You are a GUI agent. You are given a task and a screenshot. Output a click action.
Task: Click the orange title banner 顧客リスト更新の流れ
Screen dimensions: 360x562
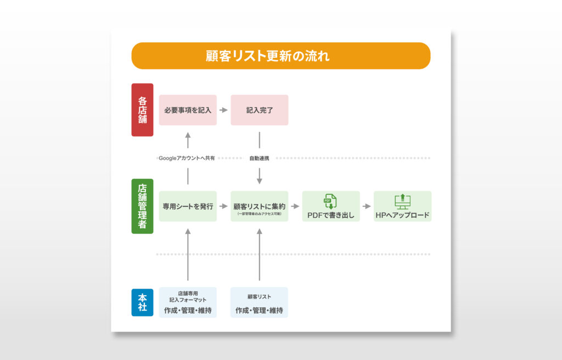pos(280,55)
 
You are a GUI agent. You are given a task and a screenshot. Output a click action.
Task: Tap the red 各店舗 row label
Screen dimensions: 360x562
pos(142,110)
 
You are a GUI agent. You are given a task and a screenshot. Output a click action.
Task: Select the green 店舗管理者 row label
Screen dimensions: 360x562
pos(142,206)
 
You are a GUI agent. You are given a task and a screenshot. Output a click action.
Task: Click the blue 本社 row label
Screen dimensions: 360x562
pos(142,302)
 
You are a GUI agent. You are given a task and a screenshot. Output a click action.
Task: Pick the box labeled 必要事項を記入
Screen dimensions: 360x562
pos(188,110)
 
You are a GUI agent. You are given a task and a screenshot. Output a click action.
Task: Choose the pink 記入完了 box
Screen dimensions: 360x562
pos(259,110)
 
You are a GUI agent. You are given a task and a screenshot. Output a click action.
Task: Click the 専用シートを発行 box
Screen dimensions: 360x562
pos(188,206)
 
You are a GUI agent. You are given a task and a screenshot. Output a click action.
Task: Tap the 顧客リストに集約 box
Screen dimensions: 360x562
pos(259,206)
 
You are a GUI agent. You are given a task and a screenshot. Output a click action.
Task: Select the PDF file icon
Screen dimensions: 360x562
pos(330,201)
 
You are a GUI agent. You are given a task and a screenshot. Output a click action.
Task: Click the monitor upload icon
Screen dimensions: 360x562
pos(402,201)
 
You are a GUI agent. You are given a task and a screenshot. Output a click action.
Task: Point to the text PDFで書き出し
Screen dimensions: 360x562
pos(331,215)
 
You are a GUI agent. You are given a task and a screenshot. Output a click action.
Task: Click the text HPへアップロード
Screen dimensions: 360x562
pos(402,215)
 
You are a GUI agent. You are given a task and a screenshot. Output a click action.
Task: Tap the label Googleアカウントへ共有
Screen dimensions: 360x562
pos(187,158)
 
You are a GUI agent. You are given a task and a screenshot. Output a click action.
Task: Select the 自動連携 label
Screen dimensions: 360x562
pos(259,158)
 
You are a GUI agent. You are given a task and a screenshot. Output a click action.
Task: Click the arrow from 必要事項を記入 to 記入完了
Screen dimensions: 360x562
pos(223,110)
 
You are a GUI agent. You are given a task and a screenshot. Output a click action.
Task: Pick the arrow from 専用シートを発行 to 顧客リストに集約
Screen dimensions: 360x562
pos(223,206)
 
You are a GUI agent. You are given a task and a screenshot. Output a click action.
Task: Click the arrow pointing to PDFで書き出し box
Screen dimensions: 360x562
pos(295,206)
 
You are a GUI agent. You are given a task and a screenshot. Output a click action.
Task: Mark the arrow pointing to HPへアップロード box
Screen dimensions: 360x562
pos(367,206)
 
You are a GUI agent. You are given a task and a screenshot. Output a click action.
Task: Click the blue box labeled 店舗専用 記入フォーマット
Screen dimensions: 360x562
pos(188,302)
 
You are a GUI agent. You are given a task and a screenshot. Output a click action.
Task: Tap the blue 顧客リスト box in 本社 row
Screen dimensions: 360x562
pos(259,302)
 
